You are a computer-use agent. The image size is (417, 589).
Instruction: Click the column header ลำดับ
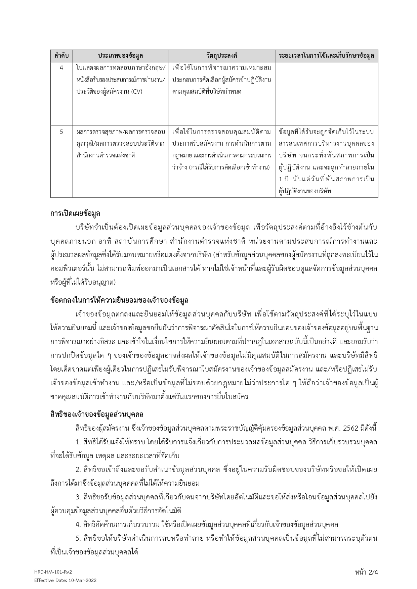coord(61,56)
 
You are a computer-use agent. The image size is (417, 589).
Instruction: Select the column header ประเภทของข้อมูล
coord(121,56)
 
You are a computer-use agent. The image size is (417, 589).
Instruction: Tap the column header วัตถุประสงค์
coord(222,56)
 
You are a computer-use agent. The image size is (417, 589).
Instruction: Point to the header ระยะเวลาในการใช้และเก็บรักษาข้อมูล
coord(326,56)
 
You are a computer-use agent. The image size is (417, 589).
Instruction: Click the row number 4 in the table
coord(61,68)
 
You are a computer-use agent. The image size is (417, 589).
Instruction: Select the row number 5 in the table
coord(61,132)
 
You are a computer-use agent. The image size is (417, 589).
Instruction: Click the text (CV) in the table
coord(136,92)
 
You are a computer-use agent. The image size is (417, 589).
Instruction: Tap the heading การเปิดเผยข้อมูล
coord(75,213)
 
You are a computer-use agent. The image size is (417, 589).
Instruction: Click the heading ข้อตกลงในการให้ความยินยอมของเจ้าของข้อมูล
coord(119,300)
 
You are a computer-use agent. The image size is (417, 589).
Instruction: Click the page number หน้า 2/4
coord(366,572)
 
